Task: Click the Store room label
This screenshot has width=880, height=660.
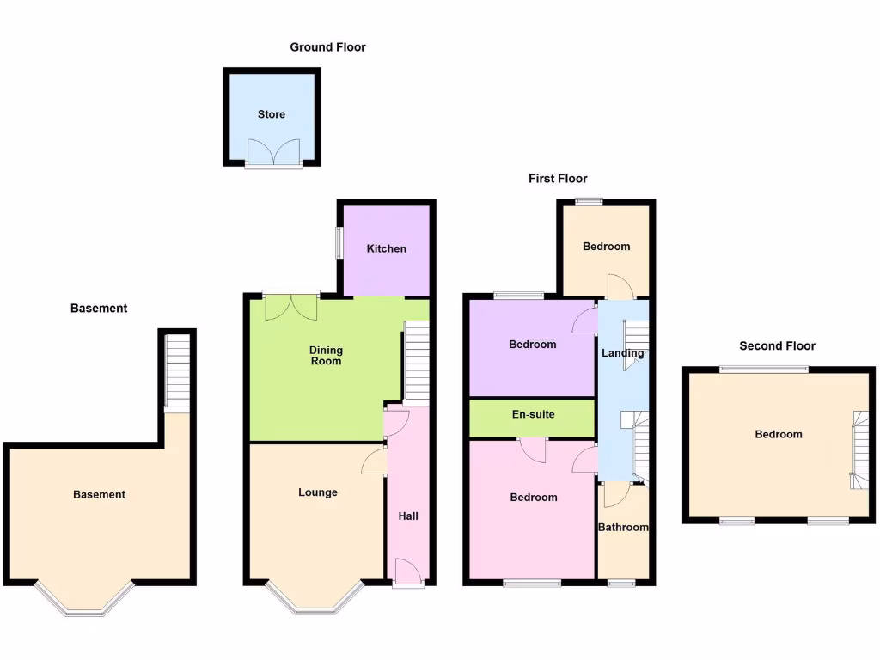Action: pos(272,114)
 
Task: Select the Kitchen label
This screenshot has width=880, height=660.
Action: pos(387,248)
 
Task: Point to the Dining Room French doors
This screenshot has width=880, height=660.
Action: pos(291,306)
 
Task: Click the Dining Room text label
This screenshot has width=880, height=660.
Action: pos(326,355)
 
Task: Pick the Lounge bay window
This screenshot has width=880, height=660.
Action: pos(315,602)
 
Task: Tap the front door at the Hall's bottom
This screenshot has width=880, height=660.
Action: pos(407,573)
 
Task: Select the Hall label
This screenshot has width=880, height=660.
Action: pos(408,516)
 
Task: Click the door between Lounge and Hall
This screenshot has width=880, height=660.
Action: pos(376,461)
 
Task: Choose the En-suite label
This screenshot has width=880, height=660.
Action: pos(533,414)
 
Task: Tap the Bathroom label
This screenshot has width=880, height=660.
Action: pos(623,527)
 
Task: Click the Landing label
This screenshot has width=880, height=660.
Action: pos(622,353)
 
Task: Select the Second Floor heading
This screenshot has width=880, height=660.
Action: pos(777,345)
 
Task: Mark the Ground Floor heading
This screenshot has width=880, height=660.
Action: pos(327,47)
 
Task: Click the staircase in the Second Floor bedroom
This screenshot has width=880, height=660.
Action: pos(859,449)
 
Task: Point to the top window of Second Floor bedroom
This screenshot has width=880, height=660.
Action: pos(763,370)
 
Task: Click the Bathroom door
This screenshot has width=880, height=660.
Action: pos(615,494)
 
